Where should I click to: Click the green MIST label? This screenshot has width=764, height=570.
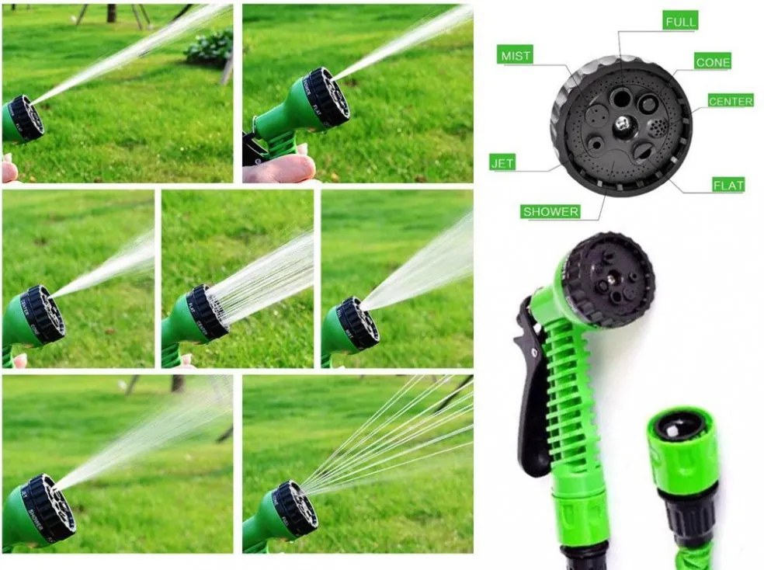(516, 57)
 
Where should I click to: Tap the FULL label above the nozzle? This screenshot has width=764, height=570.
(680, 22)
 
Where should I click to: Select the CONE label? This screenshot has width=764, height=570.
(712, 62)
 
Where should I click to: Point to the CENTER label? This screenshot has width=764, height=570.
(730, 101)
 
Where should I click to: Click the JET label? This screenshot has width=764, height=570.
(502, 163)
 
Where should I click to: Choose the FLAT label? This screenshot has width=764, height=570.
(728, 185)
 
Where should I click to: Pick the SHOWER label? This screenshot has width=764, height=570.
(550, 211)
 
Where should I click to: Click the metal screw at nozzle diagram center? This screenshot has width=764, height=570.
(621, 122)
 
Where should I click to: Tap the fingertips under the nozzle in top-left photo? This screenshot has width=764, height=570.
(9, 169)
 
